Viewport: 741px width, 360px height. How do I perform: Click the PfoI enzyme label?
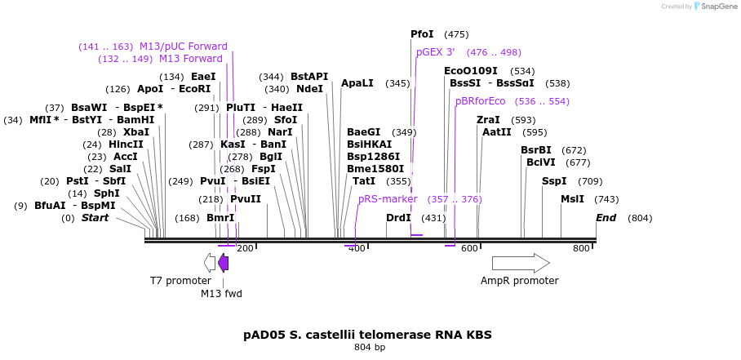pos(422,34)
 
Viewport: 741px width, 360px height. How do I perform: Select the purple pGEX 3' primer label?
pos(435,52)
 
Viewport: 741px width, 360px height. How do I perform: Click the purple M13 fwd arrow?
pos(223,262)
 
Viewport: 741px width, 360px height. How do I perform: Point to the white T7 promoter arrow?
pos(210,262)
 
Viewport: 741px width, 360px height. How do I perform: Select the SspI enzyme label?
pos(554,181)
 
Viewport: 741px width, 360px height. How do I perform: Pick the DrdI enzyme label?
pos(398,218)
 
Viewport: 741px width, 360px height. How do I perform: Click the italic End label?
pos(606,218)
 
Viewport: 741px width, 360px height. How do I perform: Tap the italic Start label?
pos(95,218)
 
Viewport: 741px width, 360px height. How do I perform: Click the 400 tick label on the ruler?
pos(357,248)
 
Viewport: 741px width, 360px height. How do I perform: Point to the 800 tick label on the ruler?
pos(581,248)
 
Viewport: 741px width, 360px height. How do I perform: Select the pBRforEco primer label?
pos(480,101)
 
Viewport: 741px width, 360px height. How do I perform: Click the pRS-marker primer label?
pos(388,199)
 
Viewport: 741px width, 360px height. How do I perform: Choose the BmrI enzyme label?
pos(220,218)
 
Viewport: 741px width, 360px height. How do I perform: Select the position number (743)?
pos(606,199)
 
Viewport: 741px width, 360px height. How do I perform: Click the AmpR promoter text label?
pos(519,281)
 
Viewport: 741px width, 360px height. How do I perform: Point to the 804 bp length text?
pos(369,348)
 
